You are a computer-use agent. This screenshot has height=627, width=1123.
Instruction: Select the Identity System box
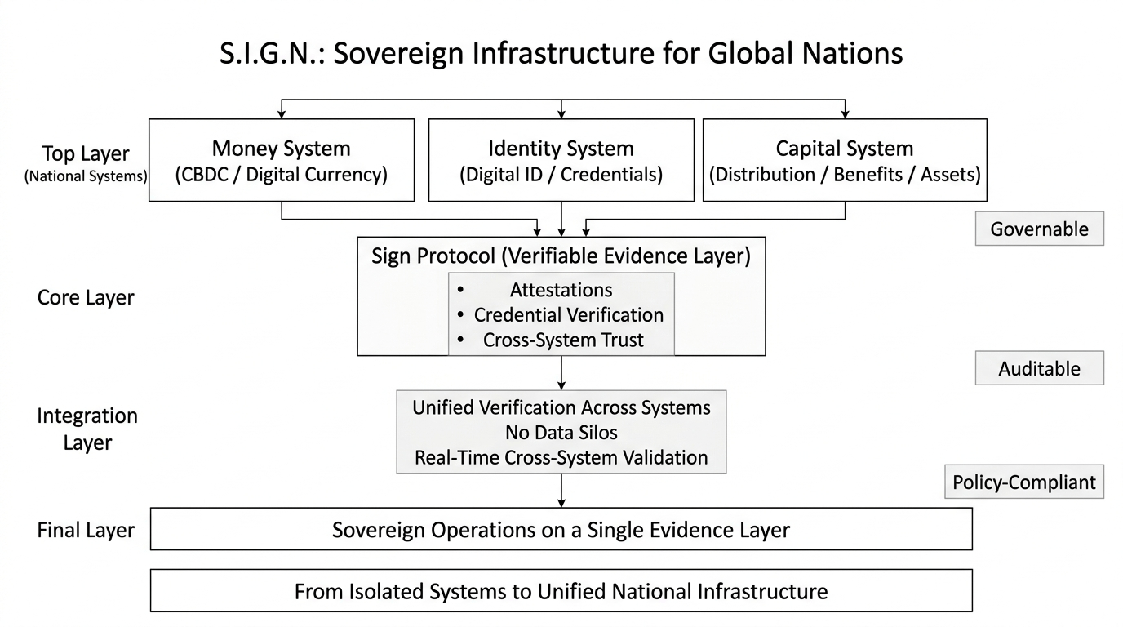point(561,161)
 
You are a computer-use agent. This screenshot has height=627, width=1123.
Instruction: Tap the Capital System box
point(844,161)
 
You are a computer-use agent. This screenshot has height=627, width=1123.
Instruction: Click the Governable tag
point(1039,229)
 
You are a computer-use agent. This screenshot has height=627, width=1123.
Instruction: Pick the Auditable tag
point(1039,368)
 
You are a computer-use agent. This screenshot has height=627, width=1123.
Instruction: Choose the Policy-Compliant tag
point(1023,482)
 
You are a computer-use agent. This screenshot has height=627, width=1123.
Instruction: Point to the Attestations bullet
point(561,290)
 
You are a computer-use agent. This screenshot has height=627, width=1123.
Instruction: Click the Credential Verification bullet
point(568,314)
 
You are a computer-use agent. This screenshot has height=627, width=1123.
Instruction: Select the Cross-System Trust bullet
point(563,340)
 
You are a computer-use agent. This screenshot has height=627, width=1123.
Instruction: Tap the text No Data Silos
point(561,432)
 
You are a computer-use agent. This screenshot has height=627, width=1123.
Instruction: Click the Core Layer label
point(86,297)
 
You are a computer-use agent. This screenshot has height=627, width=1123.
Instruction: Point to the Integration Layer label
point(87,429)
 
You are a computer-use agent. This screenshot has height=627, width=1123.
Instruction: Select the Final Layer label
point(86,531)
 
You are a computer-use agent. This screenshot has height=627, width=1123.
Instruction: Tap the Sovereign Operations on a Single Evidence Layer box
point(561,529)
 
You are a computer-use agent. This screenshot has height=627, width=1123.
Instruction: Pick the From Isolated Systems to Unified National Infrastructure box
point(561,590)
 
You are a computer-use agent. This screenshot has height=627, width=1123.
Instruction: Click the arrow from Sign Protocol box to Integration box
point(561,373)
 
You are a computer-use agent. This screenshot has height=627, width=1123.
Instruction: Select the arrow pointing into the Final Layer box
point(561,491)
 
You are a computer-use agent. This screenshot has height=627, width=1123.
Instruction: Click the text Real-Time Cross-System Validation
point(561,457)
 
